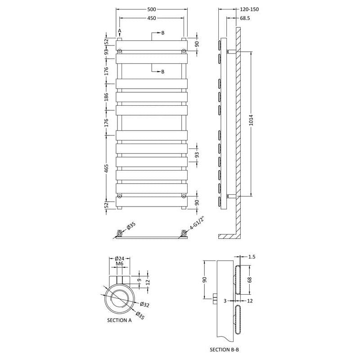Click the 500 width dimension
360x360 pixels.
click(x=152, y=9)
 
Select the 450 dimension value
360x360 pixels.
click(x=152, y=18)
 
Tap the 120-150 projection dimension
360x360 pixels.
click(x=249, y=9)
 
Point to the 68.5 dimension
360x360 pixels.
click(x=245, y=18)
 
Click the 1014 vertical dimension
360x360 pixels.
click(x=251, y=120)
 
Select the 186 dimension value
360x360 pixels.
click(x=106, y=97)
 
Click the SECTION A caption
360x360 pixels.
click(x=119, y=320)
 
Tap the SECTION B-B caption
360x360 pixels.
click(x=224, y=350)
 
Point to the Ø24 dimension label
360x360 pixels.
click(x=120, y=258)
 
